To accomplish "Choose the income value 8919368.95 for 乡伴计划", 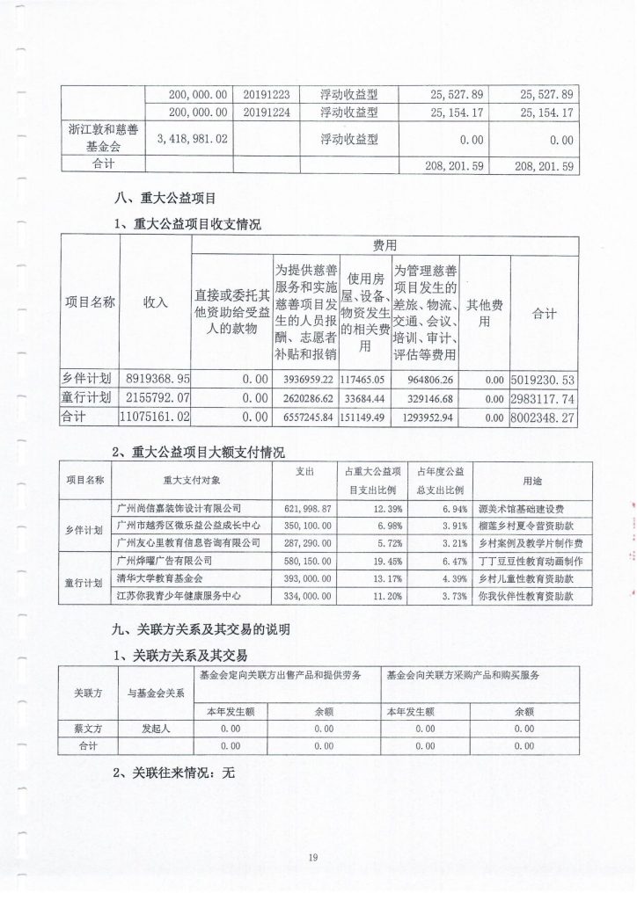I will [x=155, y=379].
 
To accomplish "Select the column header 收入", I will [x=155, y=301].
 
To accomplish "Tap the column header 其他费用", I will [x=484, y=311].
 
